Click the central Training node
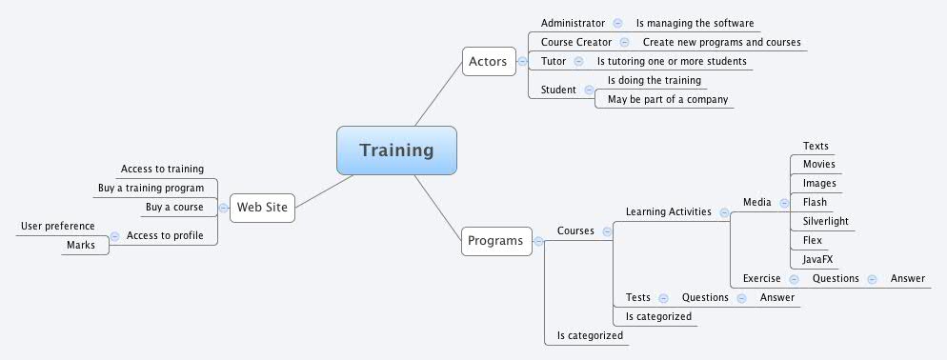(x=396, y=150)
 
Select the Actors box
(x=488, y=62)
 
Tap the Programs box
(x=495, y=241)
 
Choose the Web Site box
(x=262, y=206)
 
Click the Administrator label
(x=573, y=23)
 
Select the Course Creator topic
(x=576, y=42)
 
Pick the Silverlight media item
(x=825, y=221)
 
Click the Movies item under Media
(x=818, y=164)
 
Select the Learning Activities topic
(x=668, y=211)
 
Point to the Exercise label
(x=762, y=278)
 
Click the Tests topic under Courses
(x=637, y=297)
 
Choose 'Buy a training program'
(x=151, y=188)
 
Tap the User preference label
(x=58, y=226)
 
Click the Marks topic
(x=80, y=245)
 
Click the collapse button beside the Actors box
(x=522, y=62)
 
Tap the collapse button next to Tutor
(x=579, y=61)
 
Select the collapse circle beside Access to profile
(x=114, y=235)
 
